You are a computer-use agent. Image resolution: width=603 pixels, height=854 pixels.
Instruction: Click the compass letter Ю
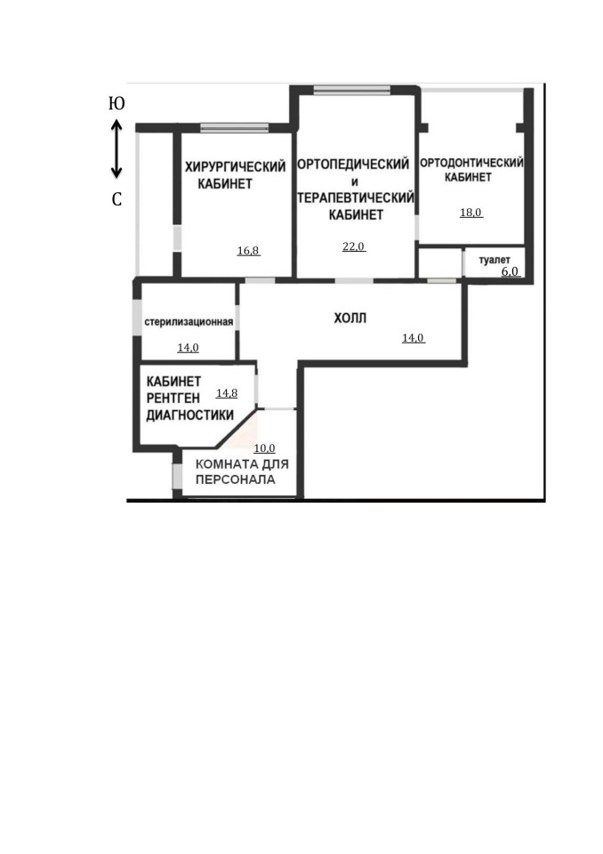click(x=117, y=103)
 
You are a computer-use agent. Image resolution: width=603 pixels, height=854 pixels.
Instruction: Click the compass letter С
click(x=117, y=199)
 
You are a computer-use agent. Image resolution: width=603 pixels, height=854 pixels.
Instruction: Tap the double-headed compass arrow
click(x=117, y=149)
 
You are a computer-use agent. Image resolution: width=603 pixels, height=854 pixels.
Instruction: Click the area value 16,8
click(x=248, y=251)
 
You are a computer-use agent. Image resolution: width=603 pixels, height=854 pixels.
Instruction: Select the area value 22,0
click(x=353, y=246)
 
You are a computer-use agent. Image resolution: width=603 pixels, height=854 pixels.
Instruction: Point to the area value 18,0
click(x=470, y=213)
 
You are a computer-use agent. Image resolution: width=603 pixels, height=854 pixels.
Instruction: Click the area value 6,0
click(x=510, y=271)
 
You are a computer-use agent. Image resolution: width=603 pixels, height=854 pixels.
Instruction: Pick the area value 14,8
click(x=227, y=392)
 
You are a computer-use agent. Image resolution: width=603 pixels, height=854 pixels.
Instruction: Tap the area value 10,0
click(x=264, y=448)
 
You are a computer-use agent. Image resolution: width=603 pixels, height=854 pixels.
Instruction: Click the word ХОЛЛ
click(x=350, y=318)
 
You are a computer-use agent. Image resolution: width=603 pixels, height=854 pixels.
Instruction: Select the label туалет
click(x=494, y=260)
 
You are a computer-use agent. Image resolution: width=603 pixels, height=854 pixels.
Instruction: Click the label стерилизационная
click(x=189, y=322)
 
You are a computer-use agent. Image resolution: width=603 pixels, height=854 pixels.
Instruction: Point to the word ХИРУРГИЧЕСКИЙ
click(x=236, y=166)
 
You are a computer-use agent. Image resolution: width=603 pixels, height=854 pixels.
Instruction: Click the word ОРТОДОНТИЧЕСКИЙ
click(x=471, y=162)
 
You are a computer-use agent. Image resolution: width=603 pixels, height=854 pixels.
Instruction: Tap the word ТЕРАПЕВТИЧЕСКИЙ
click(x=356, y=197)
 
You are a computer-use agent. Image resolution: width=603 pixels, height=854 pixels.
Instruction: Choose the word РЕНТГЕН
click(x=173, y=399)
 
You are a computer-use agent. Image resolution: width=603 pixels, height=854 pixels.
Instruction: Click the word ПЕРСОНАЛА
click(x=236, y=479)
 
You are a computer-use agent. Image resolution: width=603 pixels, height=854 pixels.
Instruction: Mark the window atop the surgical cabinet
click(x=234, y=127)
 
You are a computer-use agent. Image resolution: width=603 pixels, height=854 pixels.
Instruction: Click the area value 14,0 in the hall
click(x=413, y=338)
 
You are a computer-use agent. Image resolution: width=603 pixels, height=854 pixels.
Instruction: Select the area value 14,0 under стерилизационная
click(x=188, y=348)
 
